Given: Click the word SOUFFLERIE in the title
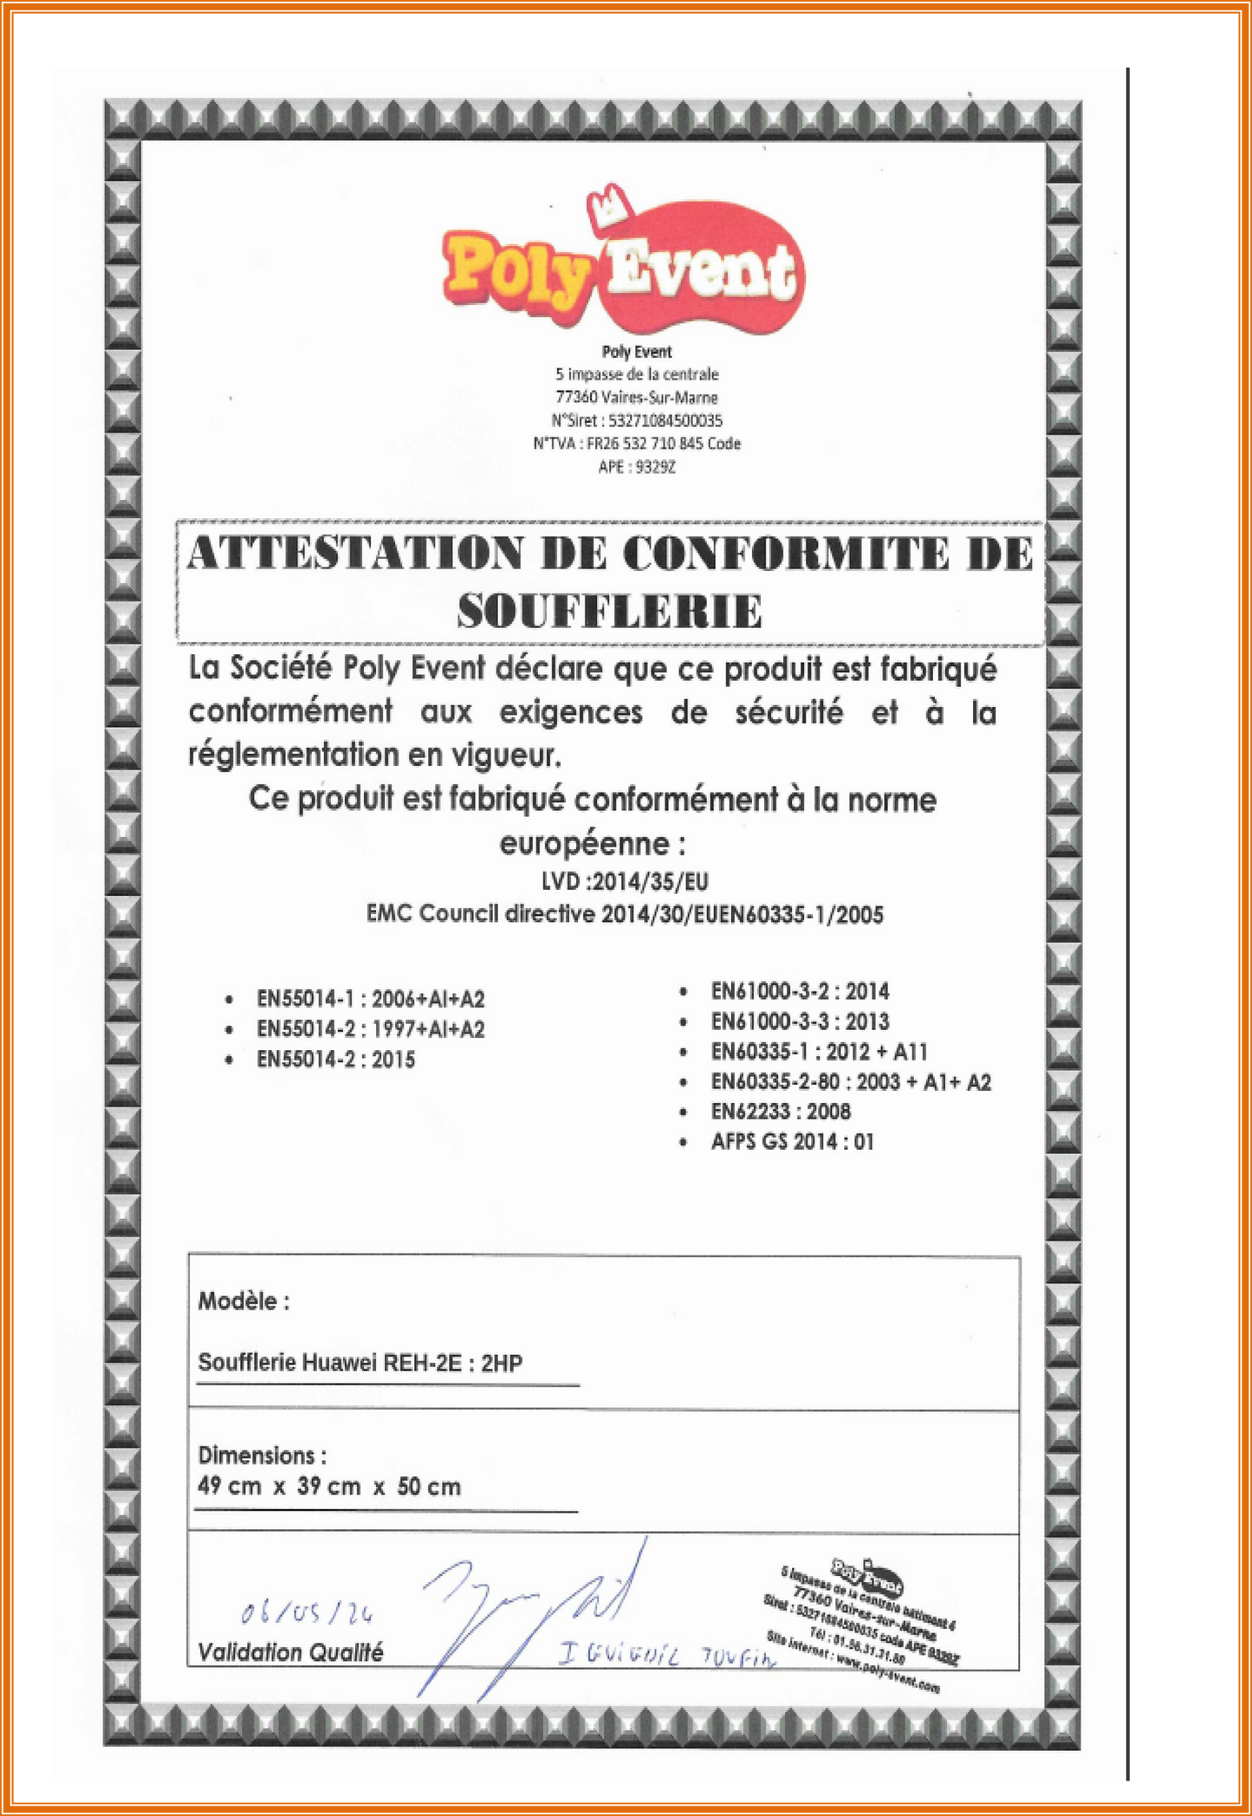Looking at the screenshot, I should [x=610, y=612].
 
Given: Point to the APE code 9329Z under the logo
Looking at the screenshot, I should [x=655, y=467].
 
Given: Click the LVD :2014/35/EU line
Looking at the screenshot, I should [x=625, y=882].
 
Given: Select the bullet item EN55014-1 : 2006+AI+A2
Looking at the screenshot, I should [x=370, y=999].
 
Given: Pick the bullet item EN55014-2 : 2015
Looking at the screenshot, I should [x=335, y=1060].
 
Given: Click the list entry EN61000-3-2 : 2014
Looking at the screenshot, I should [x=800, y=991].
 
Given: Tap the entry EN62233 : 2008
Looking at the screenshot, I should [x=781, y=1112].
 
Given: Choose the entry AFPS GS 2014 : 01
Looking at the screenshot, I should [x=792, y=1142].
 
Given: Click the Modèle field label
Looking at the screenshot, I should [x=243, y=1300].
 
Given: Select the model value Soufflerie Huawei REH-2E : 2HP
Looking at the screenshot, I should [x=360, y=1363].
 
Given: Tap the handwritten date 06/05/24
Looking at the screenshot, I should [x=307, y=1612].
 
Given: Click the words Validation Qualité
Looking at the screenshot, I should [x=290, y=1652].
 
